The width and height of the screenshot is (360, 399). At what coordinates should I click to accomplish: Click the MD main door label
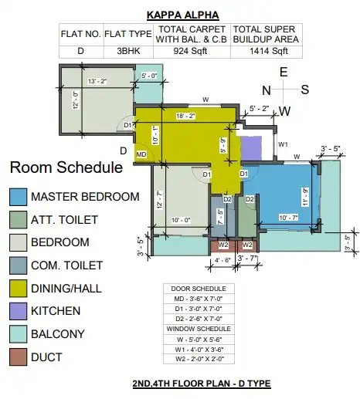click(141, 154)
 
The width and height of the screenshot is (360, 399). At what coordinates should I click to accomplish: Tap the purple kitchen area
click(251, 148)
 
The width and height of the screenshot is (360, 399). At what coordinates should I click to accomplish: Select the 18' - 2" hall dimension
click(185, 116)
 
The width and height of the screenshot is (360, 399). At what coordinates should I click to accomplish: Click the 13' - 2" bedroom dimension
click(97, 81)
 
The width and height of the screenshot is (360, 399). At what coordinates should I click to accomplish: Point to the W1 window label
click(283, 144)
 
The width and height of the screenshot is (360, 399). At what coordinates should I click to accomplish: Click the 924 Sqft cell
click(190, 51)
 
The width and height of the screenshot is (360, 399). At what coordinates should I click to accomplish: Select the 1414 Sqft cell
click(268, 51)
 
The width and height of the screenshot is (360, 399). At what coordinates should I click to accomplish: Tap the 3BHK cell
click(128, 51)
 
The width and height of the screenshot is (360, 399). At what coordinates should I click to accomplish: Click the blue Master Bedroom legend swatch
click(18, 197)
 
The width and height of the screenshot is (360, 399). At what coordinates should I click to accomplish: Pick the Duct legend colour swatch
click(18, 357)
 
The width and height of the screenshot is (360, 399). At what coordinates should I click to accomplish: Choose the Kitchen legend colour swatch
click(18, 311)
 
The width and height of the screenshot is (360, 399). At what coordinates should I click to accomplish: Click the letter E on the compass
click(284, 72)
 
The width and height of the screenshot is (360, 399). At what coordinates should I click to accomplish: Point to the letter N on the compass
click(267, 90)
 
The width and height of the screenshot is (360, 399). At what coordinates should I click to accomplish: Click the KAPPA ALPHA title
click(183, 15)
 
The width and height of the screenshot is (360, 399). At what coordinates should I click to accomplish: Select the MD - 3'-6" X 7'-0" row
click(199, 299)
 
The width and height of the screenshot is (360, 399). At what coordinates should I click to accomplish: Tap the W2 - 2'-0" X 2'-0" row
click(199, 359)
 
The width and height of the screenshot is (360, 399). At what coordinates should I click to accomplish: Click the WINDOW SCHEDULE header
click(199, 329)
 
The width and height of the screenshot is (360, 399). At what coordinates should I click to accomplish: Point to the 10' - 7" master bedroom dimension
click(288, 218)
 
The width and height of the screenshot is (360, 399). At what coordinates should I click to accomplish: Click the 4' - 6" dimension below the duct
click(222, 260)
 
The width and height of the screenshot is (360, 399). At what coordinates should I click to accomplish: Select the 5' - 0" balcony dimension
click(149, 76)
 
